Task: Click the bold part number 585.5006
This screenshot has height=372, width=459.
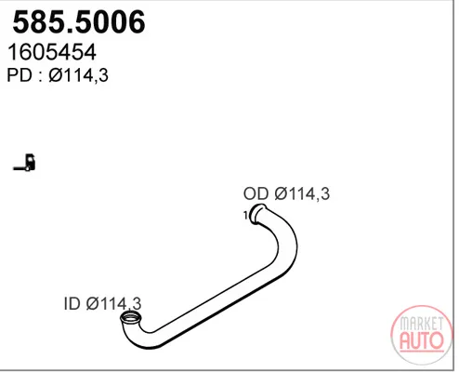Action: click(79, 21)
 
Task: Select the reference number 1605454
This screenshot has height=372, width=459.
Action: click(52, 52)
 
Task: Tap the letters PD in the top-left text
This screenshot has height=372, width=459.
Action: click(20, 75)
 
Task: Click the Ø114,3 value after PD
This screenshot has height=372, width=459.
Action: click(79, 75)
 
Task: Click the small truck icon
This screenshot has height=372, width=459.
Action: click(25, 162)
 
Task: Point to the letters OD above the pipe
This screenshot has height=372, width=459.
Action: click(256, 193)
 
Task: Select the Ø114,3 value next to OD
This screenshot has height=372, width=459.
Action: click(302, 194)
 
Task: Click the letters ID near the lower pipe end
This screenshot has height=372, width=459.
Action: click(72, 303)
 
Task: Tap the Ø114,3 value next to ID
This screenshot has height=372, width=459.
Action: click(113, 304)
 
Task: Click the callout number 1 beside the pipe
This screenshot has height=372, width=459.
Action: click(245, 215)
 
